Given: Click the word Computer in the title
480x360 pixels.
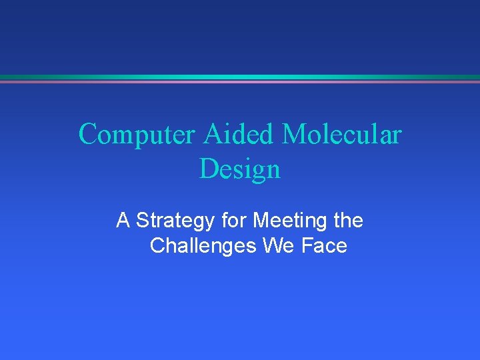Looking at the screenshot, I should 137,135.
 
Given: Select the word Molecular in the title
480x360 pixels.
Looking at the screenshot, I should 342,135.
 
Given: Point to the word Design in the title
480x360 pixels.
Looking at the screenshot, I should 240,169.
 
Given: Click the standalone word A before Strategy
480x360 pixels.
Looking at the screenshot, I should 123,220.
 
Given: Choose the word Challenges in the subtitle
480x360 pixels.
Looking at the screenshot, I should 203,246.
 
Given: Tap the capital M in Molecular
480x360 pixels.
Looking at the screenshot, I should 294,135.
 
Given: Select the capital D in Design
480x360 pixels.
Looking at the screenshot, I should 208,169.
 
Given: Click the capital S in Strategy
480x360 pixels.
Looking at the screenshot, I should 142,220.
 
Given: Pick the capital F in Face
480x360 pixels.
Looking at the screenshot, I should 307,246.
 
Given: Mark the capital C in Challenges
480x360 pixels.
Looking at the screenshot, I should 157,246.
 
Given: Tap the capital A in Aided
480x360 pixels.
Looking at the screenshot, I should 212,135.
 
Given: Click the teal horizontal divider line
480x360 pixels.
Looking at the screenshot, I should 240,77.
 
